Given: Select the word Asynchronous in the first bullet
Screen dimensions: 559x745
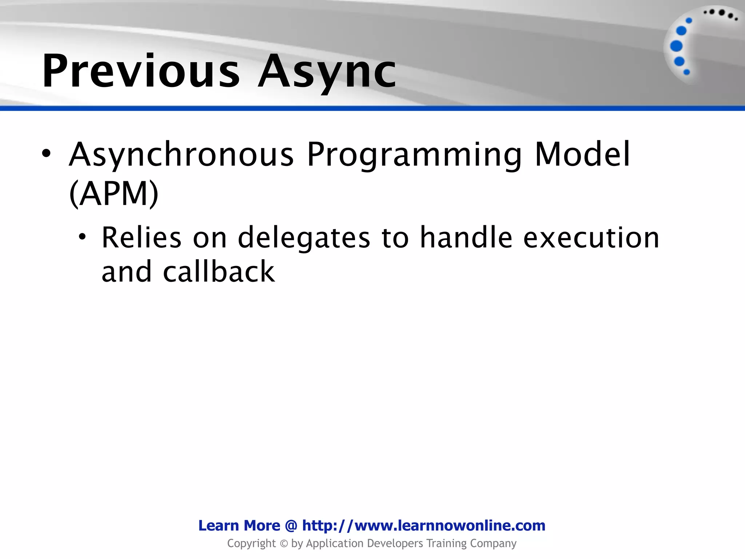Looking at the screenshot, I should [181, 155].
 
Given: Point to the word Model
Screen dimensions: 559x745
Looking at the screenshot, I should [582, 155].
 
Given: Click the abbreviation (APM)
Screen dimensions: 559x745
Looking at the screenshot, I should [114, 194].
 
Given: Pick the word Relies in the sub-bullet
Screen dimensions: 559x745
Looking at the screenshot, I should [141, 238].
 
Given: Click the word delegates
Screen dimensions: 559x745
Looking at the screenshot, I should [304, 238].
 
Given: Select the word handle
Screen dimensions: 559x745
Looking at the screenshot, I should [466, 238].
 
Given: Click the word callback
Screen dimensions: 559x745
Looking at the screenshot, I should [219, 272].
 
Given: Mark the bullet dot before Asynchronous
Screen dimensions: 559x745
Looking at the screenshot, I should [46, 154].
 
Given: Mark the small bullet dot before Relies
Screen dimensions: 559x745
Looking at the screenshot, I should [83, 237].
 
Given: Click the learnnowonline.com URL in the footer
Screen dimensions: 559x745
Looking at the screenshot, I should [424, 526].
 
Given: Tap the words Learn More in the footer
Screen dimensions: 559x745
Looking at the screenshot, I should [239, 526].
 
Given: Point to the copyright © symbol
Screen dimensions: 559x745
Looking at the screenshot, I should [284, 544].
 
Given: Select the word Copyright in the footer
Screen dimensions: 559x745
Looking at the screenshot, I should [251, 544].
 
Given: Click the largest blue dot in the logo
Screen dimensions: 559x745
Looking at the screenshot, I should [676, 46].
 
